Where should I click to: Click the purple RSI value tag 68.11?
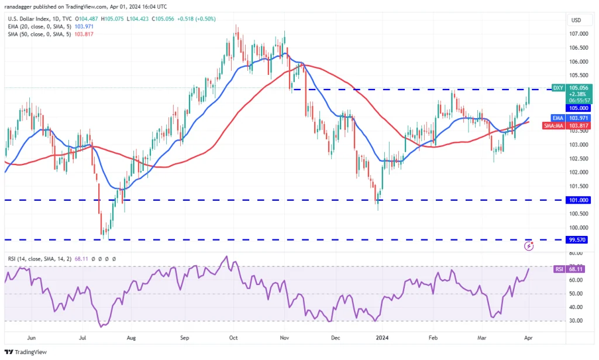[x=576, y=269]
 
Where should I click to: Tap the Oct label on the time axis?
[x=233, y=338]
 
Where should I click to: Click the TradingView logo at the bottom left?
[x=27, y=351]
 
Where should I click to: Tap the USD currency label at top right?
[x=576, y=20]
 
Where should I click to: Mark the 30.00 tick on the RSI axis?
[x=576, y=321]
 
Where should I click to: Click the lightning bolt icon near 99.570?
[x=529, y=246]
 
